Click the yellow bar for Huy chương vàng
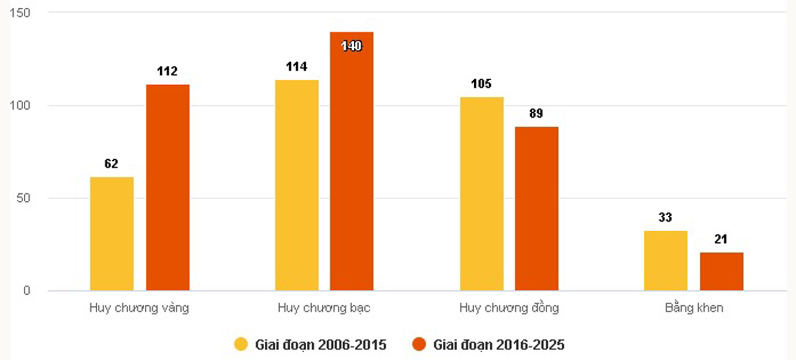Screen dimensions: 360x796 112,234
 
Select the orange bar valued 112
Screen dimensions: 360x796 167,187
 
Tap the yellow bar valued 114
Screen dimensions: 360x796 296,185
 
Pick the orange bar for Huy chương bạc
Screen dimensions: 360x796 352,161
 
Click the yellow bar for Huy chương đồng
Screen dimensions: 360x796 481,194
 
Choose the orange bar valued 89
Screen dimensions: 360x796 536,208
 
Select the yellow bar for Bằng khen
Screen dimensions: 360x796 666,260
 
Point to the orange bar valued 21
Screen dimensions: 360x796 721,272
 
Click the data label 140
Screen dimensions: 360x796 352,46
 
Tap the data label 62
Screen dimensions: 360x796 112,164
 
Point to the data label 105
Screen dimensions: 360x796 481,84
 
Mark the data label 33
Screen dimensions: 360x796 666,218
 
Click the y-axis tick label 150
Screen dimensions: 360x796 22,13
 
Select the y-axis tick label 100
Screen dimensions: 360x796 22,106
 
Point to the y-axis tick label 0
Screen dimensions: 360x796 27,291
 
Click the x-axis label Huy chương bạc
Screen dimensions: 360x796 324,308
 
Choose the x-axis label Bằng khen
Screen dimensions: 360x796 694,308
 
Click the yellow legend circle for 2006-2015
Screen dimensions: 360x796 241,345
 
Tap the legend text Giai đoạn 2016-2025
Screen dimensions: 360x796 499,345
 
